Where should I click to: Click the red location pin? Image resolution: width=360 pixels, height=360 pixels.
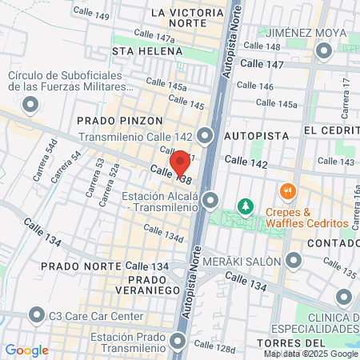pos(181,162)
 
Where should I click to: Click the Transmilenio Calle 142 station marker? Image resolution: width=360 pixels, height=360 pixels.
pos(207,136)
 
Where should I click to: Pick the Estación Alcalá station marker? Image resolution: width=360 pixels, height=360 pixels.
pos(210,199)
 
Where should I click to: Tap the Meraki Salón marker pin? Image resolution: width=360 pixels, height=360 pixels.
pos(294,261)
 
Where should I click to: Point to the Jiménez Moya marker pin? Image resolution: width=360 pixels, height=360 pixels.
pos(324,52)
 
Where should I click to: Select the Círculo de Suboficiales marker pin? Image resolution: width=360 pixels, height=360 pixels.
pos(30,104)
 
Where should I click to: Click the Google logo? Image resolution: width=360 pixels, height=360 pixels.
pos(26,350)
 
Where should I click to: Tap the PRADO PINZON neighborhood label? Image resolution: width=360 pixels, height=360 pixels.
pos(111,119)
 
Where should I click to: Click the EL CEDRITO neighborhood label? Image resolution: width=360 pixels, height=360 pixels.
pos(331,130)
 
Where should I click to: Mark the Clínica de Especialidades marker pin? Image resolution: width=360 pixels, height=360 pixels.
pos(344,298)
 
